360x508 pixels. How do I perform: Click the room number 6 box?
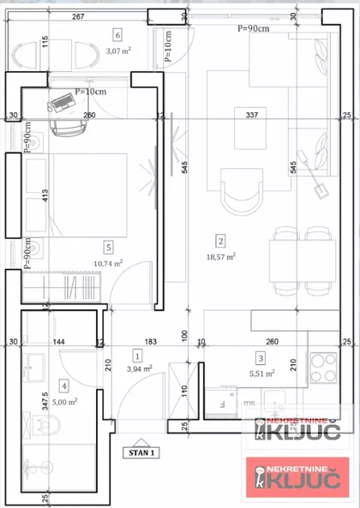117,34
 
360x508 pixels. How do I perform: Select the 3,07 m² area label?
117,51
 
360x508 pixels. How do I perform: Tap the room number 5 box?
107,247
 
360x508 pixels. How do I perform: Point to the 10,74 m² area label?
107,263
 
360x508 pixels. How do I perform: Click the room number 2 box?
220,241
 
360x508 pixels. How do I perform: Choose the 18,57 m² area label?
220,255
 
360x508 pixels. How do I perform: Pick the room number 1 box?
137,354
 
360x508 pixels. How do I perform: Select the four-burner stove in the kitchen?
325,368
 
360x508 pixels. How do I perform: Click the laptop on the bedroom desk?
62,103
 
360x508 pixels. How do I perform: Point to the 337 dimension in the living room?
251,114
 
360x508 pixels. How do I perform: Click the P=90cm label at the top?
253,27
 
